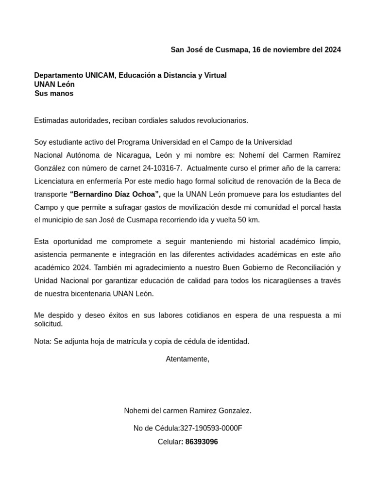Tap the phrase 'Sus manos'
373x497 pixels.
tap(54, 93)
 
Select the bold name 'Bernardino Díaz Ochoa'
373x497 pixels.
tap(115, 194)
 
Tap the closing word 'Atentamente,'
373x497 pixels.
tap(187, 359)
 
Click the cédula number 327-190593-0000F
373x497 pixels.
tap(211, 428)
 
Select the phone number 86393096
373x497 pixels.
tap(202, 442)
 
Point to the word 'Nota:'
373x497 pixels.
tap(43, 341)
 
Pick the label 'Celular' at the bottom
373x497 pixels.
tap(169, 442)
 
